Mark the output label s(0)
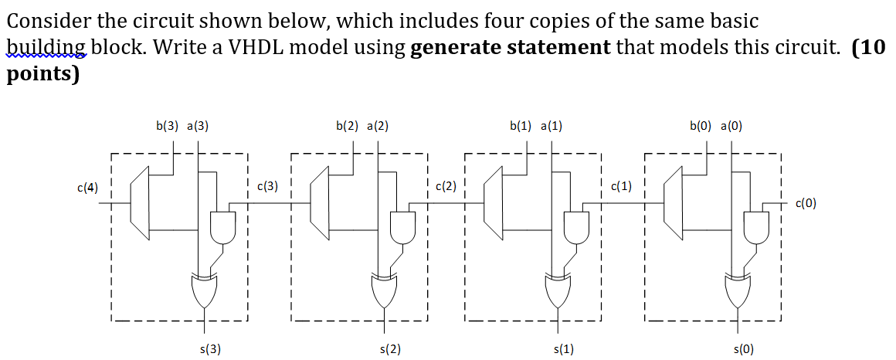pos(743,349)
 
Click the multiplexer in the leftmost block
pos(141,204)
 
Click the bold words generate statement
pos(511,48)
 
